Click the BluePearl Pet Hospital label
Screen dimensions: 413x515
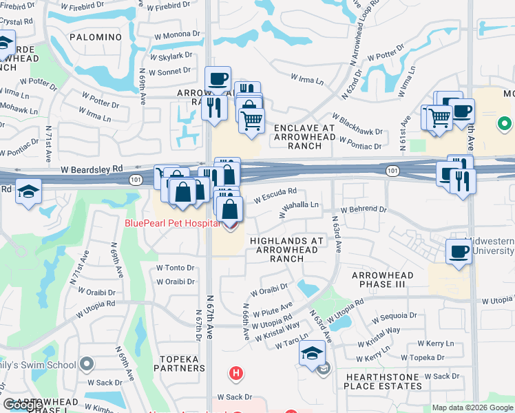tap(173, 223)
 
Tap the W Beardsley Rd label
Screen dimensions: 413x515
tap(92, 169)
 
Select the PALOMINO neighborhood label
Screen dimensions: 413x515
tap(95, 36)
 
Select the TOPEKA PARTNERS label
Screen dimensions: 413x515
tap(179, 363)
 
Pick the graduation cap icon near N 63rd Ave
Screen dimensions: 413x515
tap(312, 354)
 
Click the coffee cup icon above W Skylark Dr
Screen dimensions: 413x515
tap(218, 78)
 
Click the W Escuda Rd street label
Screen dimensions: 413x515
tap(275, 195)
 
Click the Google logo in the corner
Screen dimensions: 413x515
tap(23, 405)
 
